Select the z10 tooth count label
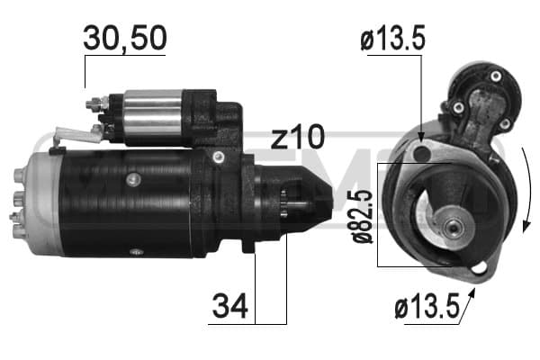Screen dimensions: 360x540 297,139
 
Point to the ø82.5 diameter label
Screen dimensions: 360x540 361,217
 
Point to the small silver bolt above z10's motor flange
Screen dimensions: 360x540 218,158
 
